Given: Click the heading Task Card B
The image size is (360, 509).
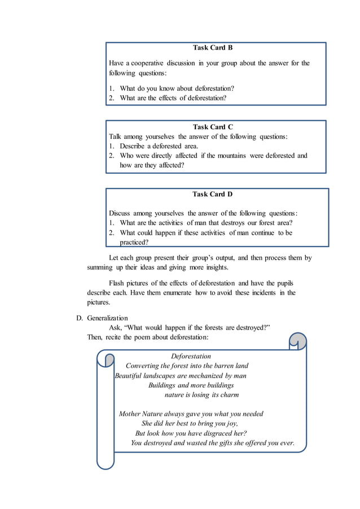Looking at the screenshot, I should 213,47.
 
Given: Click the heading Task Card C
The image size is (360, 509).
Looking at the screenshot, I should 213,127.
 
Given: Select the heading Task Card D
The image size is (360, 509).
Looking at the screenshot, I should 213,194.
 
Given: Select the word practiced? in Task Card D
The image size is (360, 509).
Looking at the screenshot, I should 134,242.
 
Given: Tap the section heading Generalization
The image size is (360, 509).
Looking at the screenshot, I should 107,318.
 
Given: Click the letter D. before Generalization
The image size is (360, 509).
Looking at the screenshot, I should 80,318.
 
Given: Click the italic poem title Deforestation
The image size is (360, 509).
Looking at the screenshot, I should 191,356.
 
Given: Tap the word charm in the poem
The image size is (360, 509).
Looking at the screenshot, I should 229,394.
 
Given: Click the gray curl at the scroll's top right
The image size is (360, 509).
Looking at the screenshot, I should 297,341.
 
